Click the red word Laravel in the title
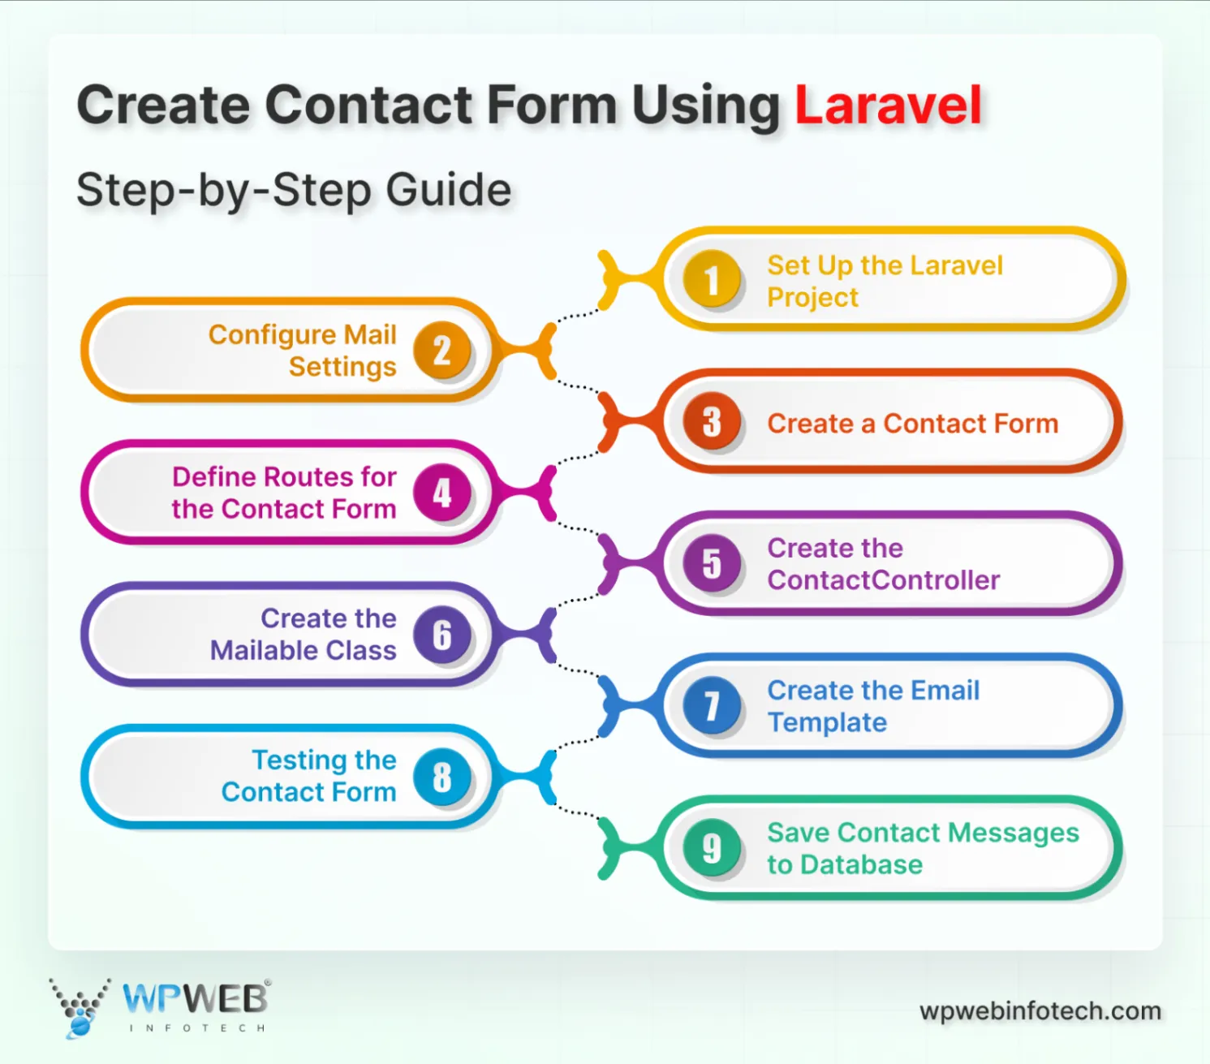[888, 106]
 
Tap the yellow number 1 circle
[712, 280]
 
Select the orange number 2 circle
[441, 351]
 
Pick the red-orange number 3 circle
[712, 422]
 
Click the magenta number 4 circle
[441, 493]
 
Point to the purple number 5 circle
[712, 563]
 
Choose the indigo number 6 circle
[441, 635]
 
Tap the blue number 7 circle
[712, 705]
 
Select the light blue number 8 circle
[441, 777]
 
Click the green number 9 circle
[712, 848]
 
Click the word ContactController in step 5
[883, 580]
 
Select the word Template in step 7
[827, 722]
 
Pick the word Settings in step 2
[342, 367]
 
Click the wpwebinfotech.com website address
[1040, 1011]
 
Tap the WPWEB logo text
[195, 998]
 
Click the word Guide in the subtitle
[448, 190]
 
